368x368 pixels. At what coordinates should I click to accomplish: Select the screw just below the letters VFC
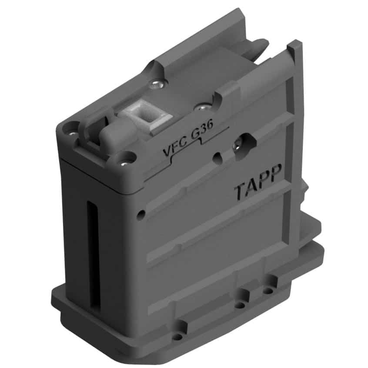124,163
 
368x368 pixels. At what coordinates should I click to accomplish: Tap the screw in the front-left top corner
73,134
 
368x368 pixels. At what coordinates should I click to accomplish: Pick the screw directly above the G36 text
203,107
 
